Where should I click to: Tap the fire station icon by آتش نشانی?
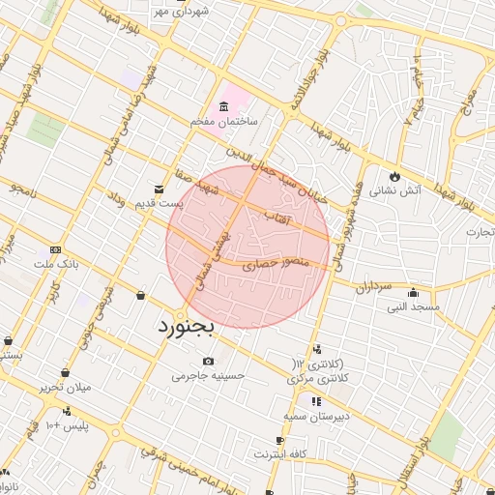pyautogui.click(x=394, y=175)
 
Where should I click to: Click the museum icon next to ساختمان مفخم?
pyautogui.click(x=224, y=105)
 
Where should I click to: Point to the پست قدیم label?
pyautogui.click(x=158, y=204)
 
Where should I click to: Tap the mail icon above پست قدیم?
pyautogui.click(x=160, y=189)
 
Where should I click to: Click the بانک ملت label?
pyautogui.click(x=55, y=263)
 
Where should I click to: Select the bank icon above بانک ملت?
pyautogui.click(x=55, y=248)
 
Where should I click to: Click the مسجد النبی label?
pyautogui.click(x=413, y=307)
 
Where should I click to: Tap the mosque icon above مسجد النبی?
pyautogui.click(x=414, y=293)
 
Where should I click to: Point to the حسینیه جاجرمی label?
pyautogui.click(x=209, y=375)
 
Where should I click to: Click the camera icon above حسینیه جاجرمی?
pyautogui.click(x=209, y=361)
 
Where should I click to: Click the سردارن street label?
pyautogui.click(x=370, y=288)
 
